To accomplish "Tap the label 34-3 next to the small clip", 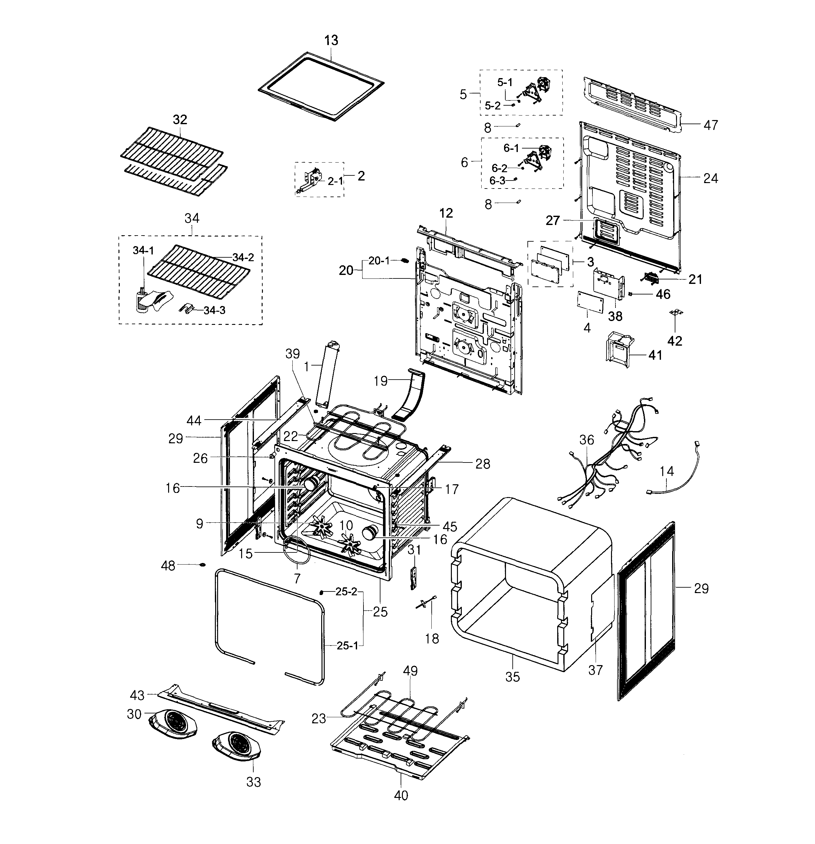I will click(x=214, y=310).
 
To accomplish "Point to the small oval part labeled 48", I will click(x=202, y=565).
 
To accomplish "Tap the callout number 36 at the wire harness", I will click(x=587, y=440).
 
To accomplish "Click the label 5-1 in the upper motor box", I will click(x=505, y=82).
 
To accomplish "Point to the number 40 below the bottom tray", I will click(x=401, y=795).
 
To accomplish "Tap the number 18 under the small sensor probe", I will click(x=432, y=639).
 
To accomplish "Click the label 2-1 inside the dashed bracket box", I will click(x=336, y=181).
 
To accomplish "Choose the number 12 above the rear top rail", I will click(x=446, y=213).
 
